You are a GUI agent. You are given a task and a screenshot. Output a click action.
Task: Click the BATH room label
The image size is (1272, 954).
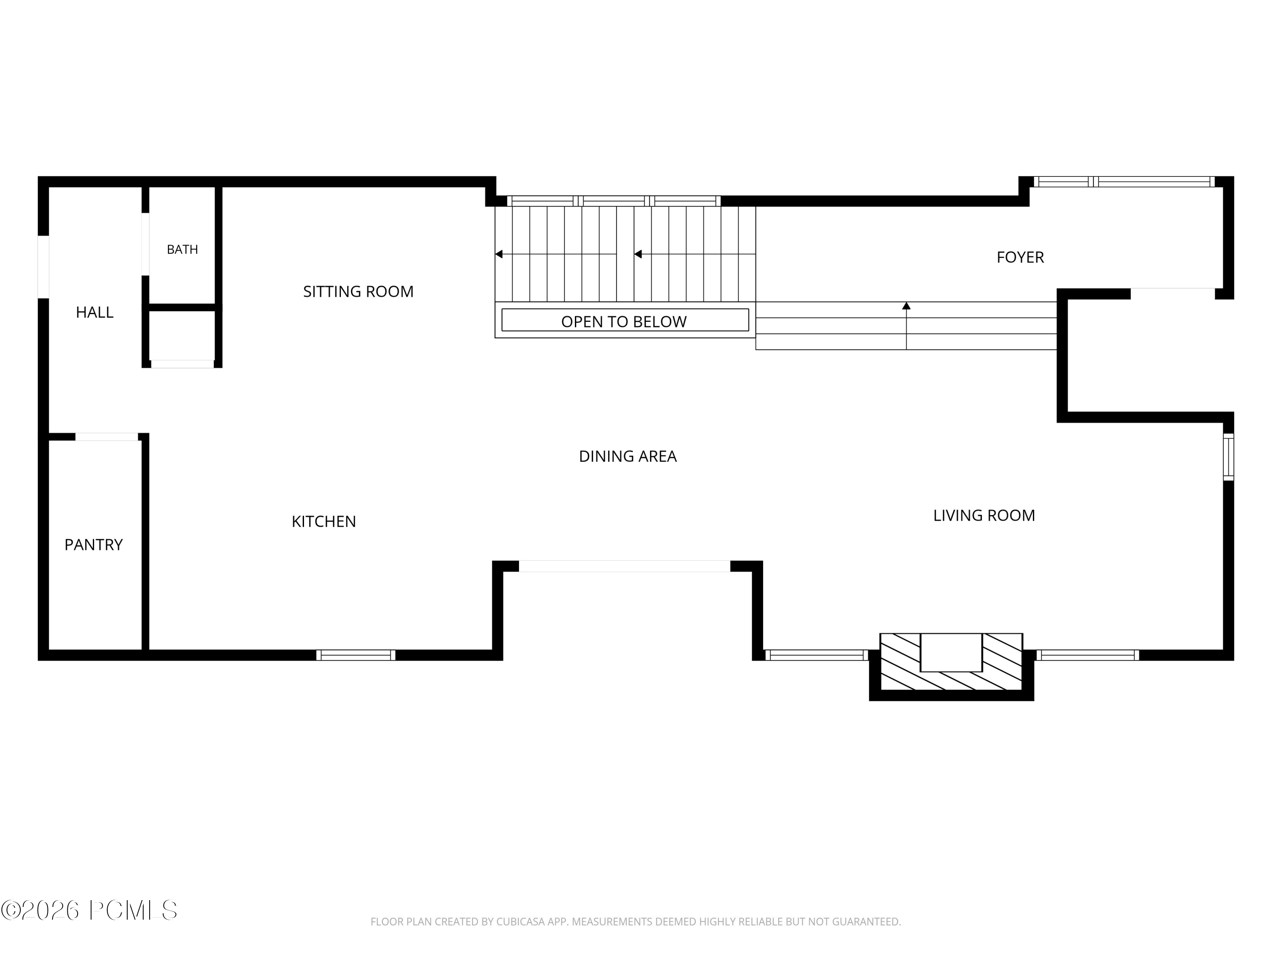(x=182, y=250)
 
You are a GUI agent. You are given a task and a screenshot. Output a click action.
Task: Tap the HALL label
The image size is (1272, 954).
(x=95, y=312)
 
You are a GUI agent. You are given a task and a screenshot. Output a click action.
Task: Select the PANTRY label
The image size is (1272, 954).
(x=94, y=544)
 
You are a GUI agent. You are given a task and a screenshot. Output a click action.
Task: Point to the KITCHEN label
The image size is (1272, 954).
(x=324, y=522)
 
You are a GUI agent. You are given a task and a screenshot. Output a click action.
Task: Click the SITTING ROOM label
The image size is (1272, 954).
(x=358, y=292)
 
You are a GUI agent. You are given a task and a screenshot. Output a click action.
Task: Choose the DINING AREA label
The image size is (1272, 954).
(x=628, y=456)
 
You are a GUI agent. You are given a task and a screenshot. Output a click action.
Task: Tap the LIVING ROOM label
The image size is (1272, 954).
(x=984, y=515)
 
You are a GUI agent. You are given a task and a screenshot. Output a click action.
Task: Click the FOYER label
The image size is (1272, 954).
(x=1020, y=257)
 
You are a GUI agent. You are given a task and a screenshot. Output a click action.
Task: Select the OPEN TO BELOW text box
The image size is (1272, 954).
(x=625, y=320)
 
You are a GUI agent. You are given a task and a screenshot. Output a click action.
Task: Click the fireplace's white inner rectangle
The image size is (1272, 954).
(x=951, y=652)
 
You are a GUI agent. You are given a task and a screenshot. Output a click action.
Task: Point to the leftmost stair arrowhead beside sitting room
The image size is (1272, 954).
(x=499, y=254)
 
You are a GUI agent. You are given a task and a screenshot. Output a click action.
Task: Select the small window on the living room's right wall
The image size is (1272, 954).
(x=1228, y=457)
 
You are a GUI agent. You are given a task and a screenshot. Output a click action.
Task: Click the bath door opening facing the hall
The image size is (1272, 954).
(x=145, y=244)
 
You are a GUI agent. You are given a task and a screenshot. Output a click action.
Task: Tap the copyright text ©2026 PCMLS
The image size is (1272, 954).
(x=89, y=910)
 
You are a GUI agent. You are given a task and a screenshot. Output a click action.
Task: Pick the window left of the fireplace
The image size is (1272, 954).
(x=817, y=655)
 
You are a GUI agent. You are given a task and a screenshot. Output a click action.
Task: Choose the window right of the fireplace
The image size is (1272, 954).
(x=1088, y=655)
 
